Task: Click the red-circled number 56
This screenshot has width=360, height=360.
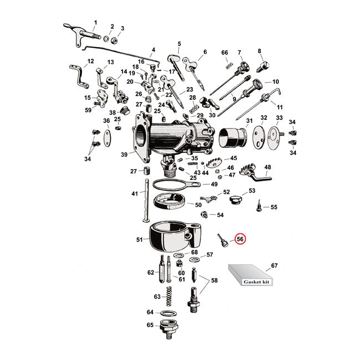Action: click(x=240, y=239)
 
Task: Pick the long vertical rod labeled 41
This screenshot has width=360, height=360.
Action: click(x=147, y=205)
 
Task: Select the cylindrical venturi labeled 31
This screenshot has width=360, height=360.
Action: click(x=233, y=138)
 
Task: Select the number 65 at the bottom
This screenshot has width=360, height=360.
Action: click(x=150, y=325)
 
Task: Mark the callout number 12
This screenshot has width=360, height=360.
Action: click(x=91, y=61)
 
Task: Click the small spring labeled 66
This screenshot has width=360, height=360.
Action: click(x=227, y=66)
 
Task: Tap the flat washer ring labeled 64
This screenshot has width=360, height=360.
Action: click(x=169, y=312)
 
